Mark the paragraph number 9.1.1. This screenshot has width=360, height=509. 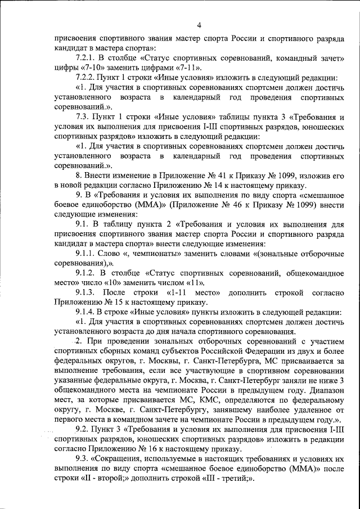click(86, 253)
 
